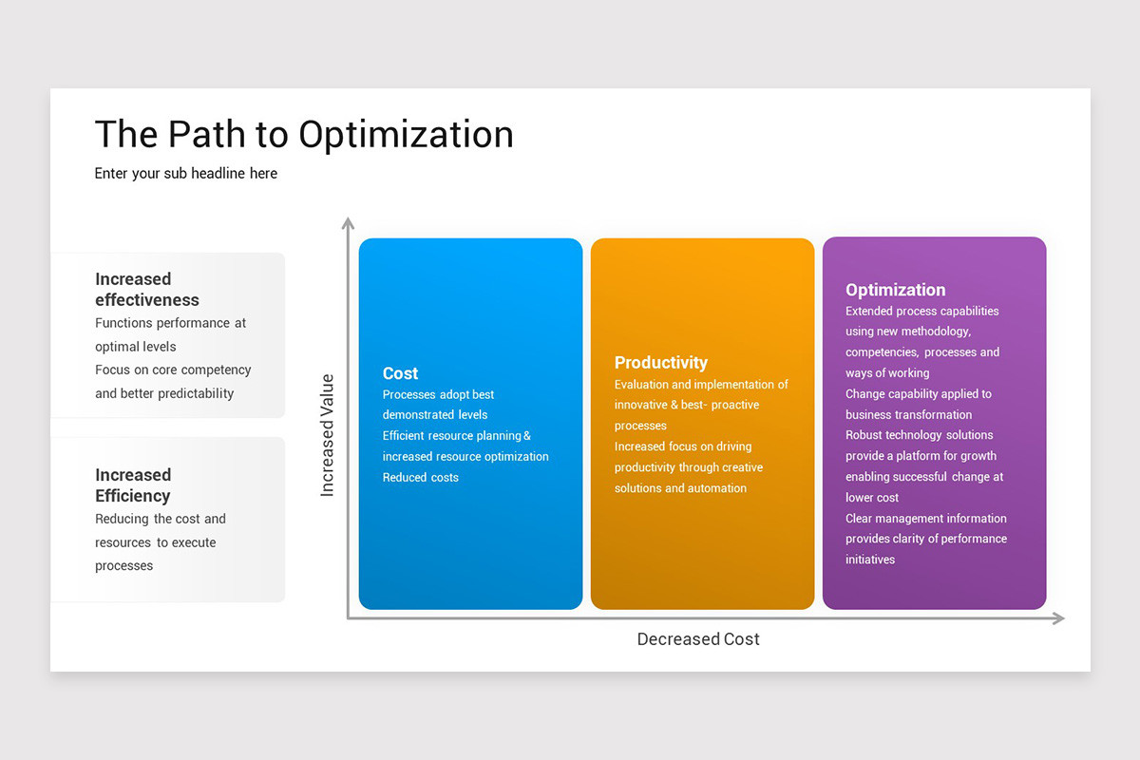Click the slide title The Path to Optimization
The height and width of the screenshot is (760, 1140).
[x=304, y=135]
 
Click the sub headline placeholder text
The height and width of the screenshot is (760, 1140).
[x=186, y=173]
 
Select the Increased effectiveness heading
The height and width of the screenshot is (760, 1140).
[x=147, y=289]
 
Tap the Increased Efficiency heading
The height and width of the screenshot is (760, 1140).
[x=133, y=484]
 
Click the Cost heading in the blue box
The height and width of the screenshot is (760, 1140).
[x=400, y=373]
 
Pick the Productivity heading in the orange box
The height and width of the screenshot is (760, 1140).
[x=661, y=362]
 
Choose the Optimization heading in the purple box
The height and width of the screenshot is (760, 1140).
[x=895, y=290]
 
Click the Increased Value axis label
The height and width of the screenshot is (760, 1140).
[x=328, y=435]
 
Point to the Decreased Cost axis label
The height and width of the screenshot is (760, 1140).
[x=698, y=639]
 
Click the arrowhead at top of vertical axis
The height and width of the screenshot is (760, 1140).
[x=348, y=224]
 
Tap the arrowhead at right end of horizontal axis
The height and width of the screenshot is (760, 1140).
[x=1057, y=618]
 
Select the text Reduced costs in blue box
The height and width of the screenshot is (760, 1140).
[x=420, y=478]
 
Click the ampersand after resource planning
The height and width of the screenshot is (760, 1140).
[x=527, y=436]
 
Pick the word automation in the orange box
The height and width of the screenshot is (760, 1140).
[x=717, y=488]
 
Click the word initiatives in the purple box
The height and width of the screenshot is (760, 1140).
[x=870, y=560]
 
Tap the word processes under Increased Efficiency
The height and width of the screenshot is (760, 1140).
[x=123, y=566]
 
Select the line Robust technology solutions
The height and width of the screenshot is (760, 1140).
[x=919, y=435]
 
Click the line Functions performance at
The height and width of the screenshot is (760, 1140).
[x=170, y=323]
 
